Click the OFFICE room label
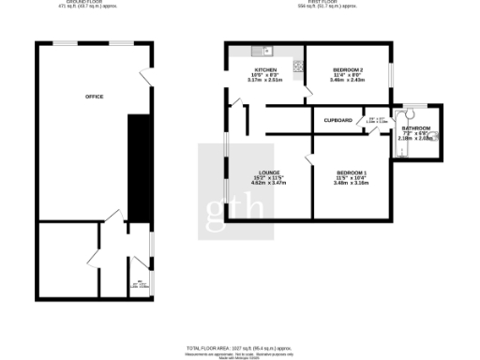[94, 97]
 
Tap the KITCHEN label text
[265, 70]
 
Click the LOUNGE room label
[271, 172]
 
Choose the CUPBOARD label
[337, 121]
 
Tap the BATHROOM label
[416, 128]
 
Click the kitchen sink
[264, 50]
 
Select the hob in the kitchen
[298, 67]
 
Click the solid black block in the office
[137, 169]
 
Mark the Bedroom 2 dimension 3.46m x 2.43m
[350, 81]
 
